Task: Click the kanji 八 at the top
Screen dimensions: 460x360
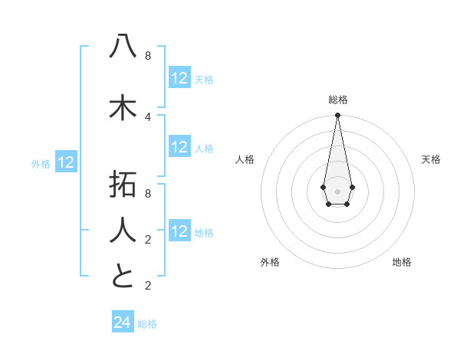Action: [x=123, y=47]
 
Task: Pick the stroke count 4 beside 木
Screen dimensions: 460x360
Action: [x=147, y=117]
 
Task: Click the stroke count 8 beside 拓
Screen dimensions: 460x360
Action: [x=147, y=193]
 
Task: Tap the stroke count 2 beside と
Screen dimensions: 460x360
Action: [x=147, y=286]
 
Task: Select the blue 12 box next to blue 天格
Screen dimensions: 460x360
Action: [x=179, y=78]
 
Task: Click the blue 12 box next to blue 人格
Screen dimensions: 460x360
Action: [x=179, y=147]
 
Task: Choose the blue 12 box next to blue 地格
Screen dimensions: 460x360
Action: [x=179, y=231]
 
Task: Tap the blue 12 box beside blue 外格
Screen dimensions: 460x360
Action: [x=66, y=162]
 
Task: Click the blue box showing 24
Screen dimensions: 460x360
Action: [x=122, y=322]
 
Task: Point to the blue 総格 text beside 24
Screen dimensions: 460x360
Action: [x=147, y=324]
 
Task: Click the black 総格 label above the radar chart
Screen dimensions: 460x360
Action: [x=338, y=100]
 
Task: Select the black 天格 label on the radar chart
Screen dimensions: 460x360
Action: [x=431, y=159]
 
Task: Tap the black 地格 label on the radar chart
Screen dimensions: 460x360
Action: [x=402, y=262]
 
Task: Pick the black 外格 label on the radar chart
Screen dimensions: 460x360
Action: [x=270, y=262]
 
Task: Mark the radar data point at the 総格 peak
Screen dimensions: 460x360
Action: [x=337, y=116]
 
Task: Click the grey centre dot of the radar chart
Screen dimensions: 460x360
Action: [x=337, y=191]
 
